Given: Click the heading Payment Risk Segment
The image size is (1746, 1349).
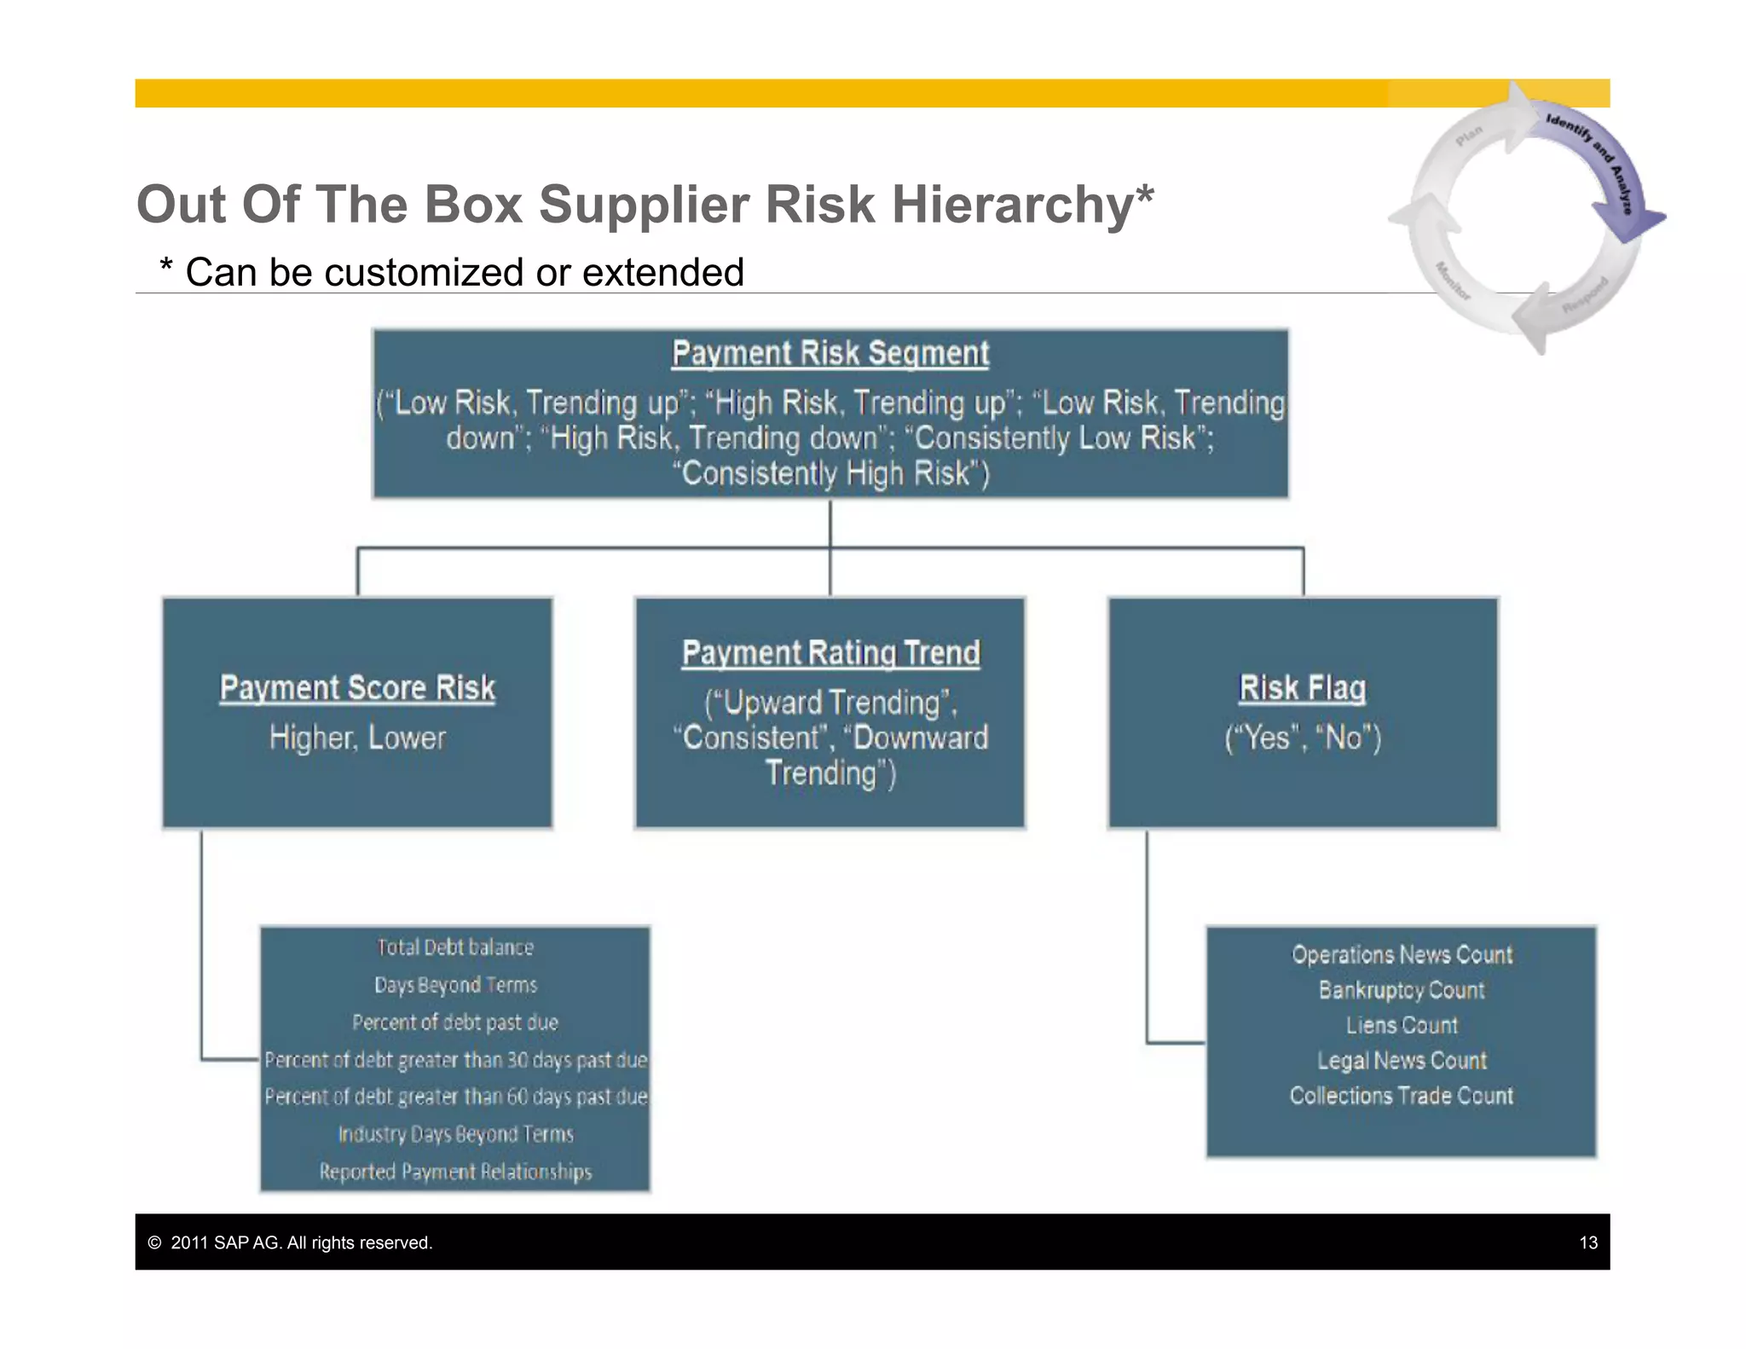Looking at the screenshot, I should click(x=830, y=353).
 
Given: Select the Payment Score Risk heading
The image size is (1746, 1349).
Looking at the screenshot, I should click(x=357, y=688).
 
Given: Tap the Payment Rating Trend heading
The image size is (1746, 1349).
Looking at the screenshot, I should click(x=830, y=653).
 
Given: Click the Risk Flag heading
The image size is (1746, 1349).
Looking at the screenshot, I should click(x=1302, y=688).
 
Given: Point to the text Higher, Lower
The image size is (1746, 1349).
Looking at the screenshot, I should click(x=357, y=738).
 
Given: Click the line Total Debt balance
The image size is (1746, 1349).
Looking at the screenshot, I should click(x=455, y=947).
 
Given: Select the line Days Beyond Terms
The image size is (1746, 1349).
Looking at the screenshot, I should click(x=455, y=985).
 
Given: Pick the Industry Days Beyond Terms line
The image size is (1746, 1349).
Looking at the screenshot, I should click(x=455, y=1134).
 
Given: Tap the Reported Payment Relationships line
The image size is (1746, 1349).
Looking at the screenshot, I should click(x=455, y=1172).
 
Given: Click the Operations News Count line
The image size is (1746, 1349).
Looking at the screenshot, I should click(x=1402, y=954).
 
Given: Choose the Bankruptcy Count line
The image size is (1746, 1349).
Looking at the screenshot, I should click(x=1402, y=990).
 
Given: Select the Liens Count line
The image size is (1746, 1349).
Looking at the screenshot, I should click(x=1402, y=1025).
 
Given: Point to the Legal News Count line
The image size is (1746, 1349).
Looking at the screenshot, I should click(x=1402, y=1061).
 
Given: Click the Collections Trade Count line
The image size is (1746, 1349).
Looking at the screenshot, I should click(x=1402, y=1096).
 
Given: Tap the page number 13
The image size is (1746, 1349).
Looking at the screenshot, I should click(x=1587, y=1242).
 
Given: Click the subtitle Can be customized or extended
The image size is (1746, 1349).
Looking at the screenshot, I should click(x=464, y=273).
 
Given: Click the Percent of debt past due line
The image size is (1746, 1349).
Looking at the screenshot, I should click(x=455, y=1022).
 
